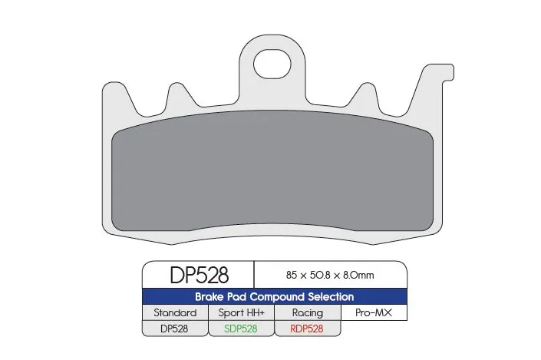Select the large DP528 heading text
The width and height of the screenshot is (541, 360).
coord(198,275)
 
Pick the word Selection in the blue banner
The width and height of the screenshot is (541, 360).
coord(330,296)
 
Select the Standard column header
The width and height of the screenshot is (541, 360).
coord(175,312)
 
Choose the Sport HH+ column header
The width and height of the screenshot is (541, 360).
coord(240,312)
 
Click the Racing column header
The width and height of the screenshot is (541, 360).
coord(307,312)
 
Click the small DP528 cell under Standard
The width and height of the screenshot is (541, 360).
coord(175,328)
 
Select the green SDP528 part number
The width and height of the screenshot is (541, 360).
coord(240,328)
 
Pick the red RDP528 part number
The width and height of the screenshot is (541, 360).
coord(307,328)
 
